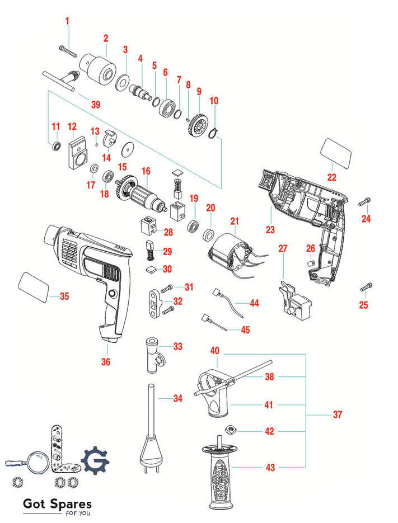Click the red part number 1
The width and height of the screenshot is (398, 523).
tap(68, 22)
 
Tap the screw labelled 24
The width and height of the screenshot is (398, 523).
tap(366, 201)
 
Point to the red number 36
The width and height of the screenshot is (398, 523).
tap(106, 362)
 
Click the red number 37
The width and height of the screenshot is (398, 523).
tap(337, 414)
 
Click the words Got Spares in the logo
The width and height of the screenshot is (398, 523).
tap(57, 505)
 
